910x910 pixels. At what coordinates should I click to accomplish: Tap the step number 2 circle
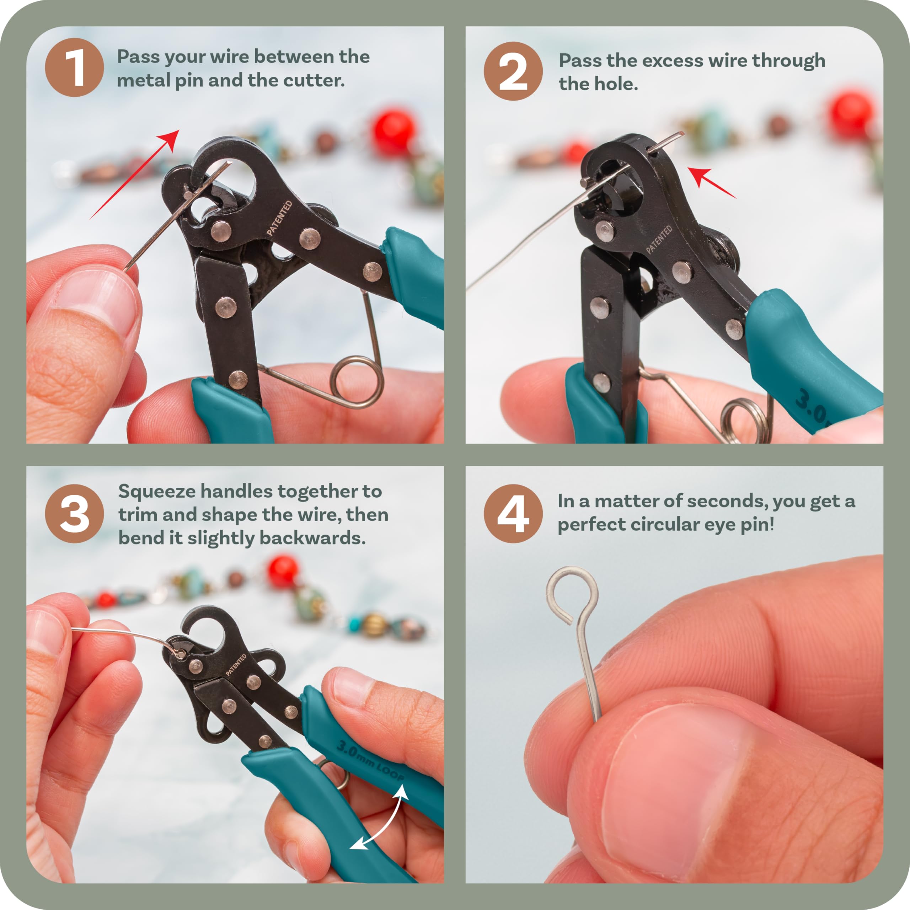(x=513, y=71)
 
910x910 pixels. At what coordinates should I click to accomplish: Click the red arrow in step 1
(x=135, y=174)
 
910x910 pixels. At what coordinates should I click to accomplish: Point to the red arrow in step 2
(x=711, y=183)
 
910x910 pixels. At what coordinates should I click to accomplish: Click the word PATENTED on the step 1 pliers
(x=279, y=218)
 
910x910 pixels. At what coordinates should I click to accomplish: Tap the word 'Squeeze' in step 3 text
(x=157, y=492)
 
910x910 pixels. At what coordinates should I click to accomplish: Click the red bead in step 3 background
(x=283, y=571)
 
